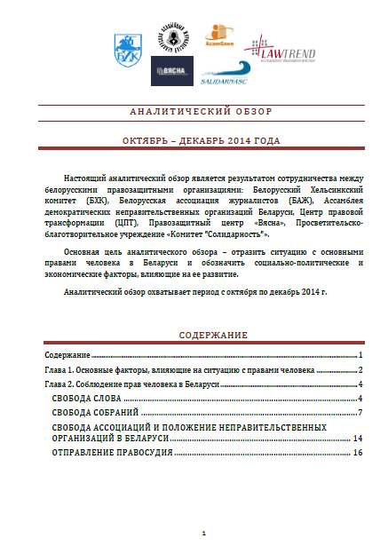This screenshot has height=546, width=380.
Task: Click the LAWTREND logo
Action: (x=270, y=51)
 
